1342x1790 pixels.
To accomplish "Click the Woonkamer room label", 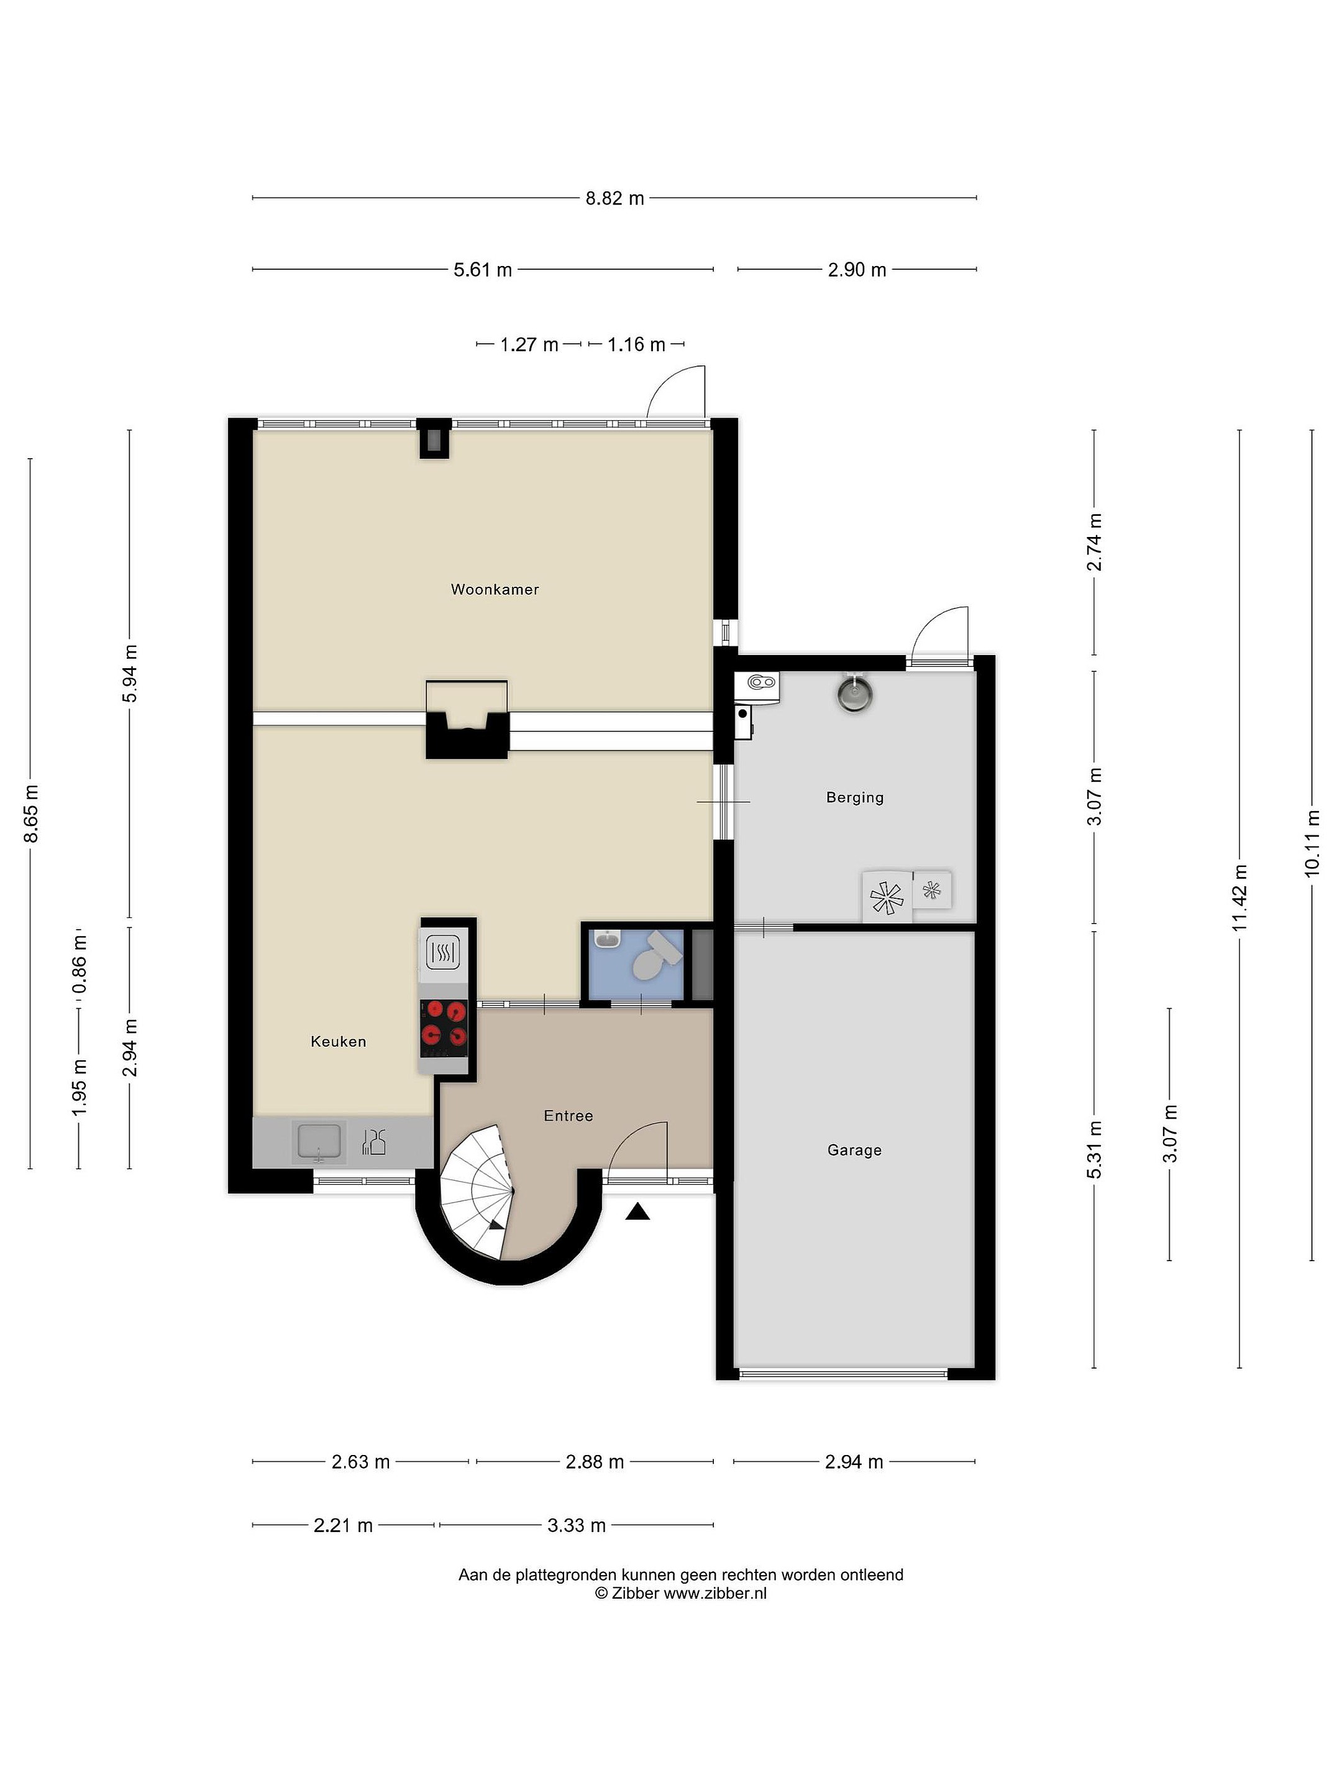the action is [495, 589].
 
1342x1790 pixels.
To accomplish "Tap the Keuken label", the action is [338, 1042].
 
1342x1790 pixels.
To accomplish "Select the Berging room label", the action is [854, 797].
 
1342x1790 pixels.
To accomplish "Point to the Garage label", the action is [854, 1150].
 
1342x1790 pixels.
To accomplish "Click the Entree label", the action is [568, 1116].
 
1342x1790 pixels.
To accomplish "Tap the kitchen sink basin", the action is [321, 1142].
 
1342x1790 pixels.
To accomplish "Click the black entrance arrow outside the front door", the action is [638, 1211].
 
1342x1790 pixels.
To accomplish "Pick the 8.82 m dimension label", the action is [615, 198].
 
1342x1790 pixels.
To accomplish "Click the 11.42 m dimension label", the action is [1240, 897].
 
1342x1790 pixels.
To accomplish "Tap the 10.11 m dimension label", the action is [1312, 842].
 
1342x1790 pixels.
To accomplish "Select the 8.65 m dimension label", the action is [30, 813].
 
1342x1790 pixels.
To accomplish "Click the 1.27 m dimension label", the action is [529, 345].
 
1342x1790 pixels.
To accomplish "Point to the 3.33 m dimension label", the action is [577, 1525].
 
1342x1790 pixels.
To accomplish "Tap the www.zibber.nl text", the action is [715, 1594].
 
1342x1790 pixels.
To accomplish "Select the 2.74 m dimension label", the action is [1095, 542].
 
